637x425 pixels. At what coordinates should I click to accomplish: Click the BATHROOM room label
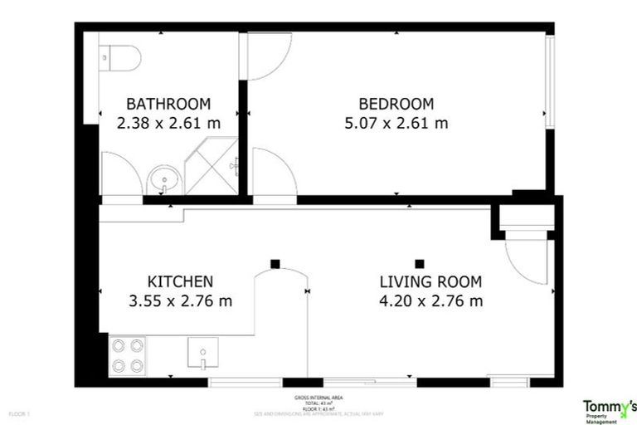168,104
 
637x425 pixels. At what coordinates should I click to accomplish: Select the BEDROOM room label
396,104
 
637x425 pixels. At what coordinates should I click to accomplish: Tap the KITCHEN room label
180,281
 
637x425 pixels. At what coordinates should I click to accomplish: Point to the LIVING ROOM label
430,281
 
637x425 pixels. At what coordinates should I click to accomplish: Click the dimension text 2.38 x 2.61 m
168,124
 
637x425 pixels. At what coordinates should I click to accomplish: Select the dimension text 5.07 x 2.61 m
396,124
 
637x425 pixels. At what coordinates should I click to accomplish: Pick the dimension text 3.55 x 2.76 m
180,300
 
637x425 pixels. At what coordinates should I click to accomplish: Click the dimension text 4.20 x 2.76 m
430,300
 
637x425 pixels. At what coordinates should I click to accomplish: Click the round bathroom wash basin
163,178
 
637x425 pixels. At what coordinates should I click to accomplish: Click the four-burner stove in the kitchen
127,355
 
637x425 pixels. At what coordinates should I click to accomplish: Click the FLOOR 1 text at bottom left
19,413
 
